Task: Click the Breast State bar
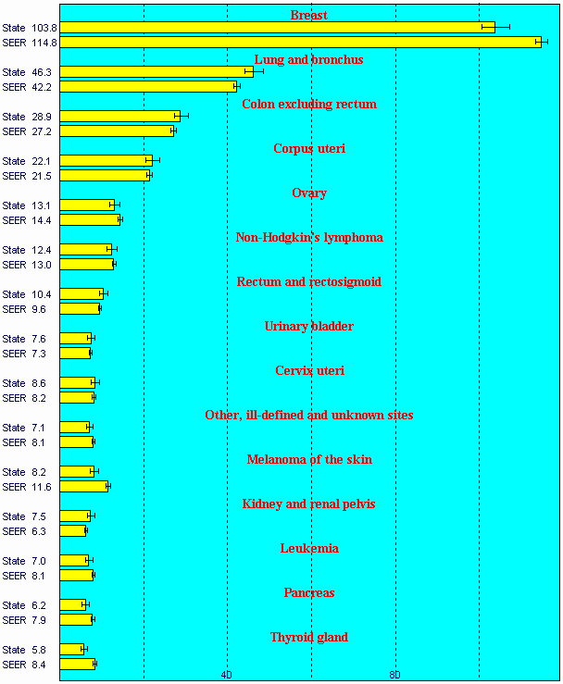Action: click(x=278, y=28)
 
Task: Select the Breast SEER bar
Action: click(x=301, y=43)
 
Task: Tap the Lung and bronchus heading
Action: click(x=308, y=60)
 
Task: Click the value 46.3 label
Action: click(x=41, y=72)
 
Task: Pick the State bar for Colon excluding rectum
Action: click(x=120, y=117)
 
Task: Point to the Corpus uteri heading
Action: click(x=309, y=149)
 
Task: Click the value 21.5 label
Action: click(x=41, y=176)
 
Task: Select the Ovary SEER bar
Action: click(x=90, y=220)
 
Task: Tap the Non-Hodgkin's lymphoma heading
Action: click(x=309, y=238)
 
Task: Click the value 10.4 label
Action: click(x=41, y=294)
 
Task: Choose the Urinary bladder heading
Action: click(x=309, y=327)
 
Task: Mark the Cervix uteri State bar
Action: click(x=78, y=383)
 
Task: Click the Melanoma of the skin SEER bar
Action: click(x=84, y=487)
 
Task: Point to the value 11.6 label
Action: click(x=41, y=487)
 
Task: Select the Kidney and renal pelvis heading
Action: click(x=309, y=504)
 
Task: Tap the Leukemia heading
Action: click(x=309, y=549)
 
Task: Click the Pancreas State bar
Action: click(x=73, y=605)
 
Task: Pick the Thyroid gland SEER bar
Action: click(x=78, y=665)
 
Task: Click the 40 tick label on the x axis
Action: click(x=227, y=675)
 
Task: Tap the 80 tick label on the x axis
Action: click(x=394, y=675)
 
